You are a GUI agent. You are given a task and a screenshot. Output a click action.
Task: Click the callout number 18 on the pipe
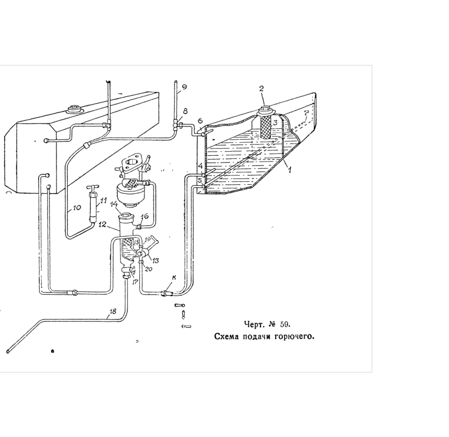(x=113, y=311)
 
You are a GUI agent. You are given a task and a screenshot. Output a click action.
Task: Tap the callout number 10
(x=77, y=208)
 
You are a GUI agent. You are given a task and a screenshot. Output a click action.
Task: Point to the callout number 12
(x=102, y=224)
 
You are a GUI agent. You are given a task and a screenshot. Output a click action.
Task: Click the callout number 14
(x=114, y=204)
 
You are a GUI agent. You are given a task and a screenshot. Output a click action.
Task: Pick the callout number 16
(x=145, y=216)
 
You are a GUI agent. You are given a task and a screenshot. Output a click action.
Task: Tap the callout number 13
(x=155, y=261)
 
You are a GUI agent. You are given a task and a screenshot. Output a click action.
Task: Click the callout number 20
(x=149, y=269)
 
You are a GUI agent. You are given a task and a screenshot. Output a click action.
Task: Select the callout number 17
(x=135, y=282)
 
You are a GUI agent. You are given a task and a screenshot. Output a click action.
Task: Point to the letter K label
(x=174, y=278)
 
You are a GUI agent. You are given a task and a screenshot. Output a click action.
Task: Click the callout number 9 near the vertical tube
(x=184, y=87)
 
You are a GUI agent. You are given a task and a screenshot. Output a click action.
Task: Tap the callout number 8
(x=185, y=111)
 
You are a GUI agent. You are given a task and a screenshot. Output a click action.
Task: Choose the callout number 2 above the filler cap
(x=262, y=88)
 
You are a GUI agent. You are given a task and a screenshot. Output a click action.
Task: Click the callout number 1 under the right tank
(x=290, y=170)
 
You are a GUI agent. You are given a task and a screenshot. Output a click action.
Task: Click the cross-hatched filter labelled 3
(x=265, y=127)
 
